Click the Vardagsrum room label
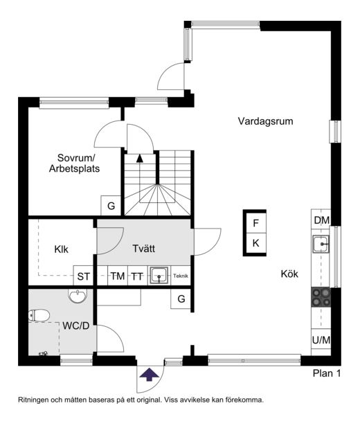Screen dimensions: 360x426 (x=266, y=121)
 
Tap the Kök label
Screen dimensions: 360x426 (x=289, y=274)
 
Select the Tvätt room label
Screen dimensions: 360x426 (x=144, y=249)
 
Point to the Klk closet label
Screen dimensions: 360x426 (x=62, y=249)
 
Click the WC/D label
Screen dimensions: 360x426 (x=76, y=326)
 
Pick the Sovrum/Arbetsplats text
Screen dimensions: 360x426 (x=74, y=163)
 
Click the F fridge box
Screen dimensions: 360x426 (x=255, y=223)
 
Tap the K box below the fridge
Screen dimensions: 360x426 (x=255, y=243)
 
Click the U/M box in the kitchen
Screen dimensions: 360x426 (x=321, y=339)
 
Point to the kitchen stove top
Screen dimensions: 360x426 (x=321, y=297)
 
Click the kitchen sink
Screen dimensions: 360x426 (x=321, y=245)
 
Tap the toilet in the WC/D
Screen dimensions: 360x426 (x=39, y=315)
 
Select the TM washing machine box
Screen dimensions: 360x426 (x=118, y=276)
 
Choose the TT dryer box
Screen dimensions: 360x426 (x=137, y=276)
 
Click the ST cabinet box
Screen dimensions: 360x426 (x=83, y=276)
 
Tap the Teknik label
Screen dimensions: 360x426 (x=181, y=276)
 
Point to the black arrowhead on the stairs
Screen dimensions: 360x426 (x=140, y=159)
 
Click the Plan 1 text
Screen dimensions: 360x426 (x=327, y=373)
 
